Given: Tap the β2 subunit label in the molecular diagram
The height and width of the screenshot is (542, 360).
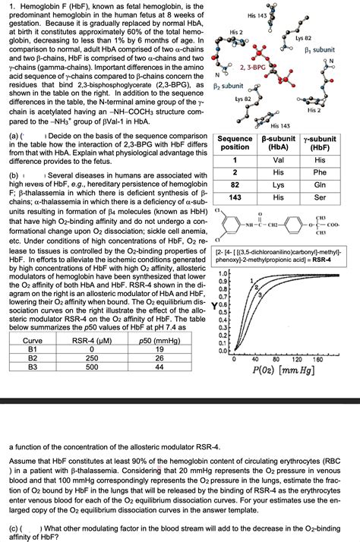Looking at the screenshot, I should click(x=229, y=86).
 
